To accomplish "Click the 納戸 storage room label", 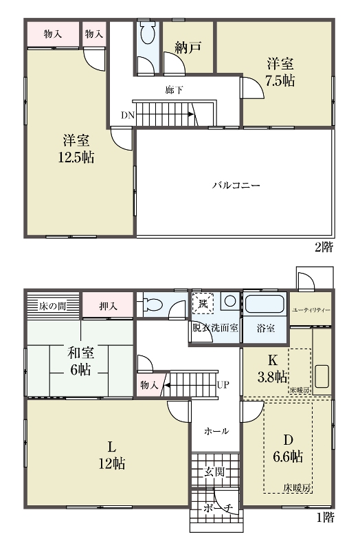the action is tap(188, 47).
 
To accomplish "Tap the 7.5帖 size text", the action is tap(280, 81).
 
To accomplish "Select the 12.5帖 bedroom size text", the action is tap(76, 157).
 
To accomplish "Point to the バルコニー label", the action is tap(236, 185).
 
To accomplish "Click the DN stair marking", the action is tap(128, 115).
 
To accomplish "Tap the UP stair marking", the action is tap(223, 385).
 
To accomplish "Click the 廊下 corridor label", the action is tap(175, 90).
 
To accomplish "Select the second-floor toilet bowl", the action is tap(147, 33).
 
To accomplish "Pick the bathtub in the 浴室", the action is tap(264, 304).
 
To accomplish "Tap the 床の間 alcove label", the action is tap(52, 306).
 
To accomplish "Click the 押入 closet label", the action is tap(108, 306).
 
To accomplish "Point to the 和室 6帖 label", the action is tap(80, 361).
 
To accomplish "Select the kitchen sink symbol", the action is tap(322, 376).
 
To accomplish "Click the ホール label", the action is tap(216, 431).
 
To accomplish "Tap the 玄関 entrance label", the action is tap(214, 472).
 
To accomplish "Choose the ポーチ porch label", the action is tap(218, 508).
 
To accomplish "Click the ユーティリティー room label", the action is tap(311, 310).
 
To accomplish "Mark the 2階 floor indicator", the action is tap(324, 247).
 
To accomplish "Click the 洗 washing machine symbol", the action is tap(203, 302).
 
